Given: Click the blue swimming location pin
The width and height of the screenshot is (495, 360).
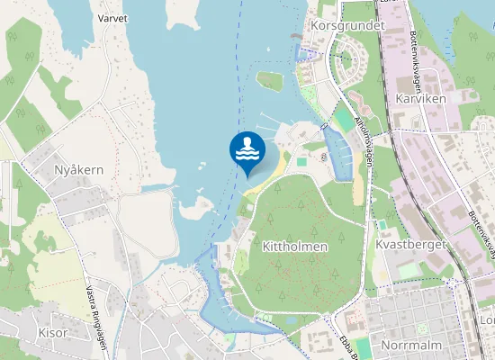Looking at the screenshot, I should click(x=247, y=150).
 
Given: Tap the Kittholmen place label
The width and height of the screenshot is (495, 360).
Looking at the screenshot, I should click(x=295, y=246).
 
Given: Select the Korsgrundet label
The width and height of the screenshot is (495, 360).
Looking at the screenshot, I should click(x=346, y=26).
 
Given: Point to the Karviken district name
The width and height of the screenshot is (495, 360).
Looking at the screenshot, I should click(x=421, y=97).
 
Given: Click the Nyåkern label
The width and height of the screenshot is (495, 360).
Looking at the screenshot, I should click(x=79, y=169).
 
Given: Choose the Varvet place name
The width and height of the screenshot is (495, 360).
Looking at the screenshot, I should click(x=112, y=17).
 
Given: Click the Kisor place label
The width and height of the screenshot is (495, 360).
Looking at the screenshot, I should click(x=53, y=332).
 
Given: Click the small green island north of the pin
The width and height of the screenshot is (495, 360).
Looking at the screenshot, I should click(x=269, y=81).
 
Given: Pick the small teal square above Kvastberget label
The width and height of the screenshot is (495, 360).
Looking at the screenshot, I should click(x=382, y=224).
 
